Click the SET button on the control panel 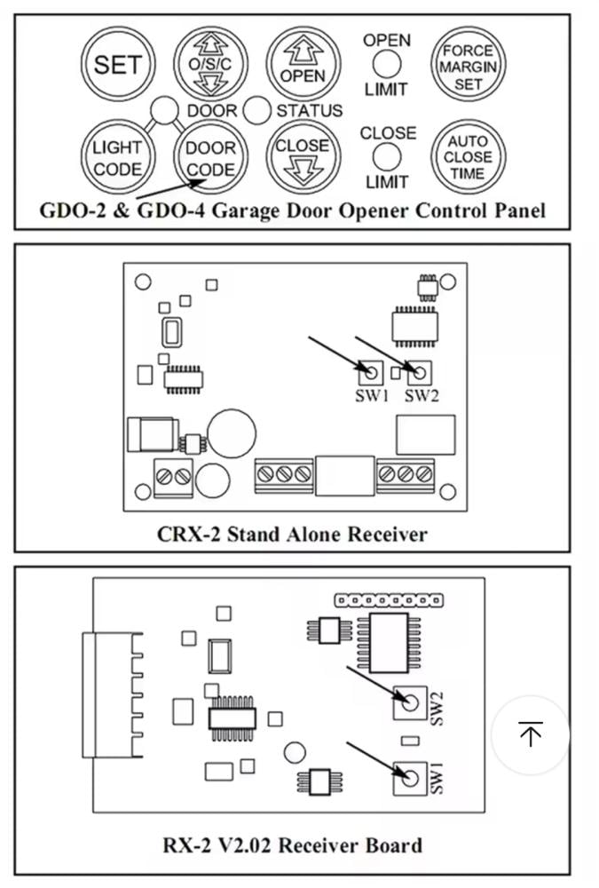(x=118, y=64)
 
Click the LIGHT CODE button (x=117, y=158)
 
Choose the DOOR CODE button (x=211, y=158)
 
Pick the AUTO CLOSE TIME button (x=468, y=157)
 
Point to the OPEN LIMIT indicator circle (x=386, y=64)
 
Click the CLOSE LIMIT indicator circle (x=387, y=157)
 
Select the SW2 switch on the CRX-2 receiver (x=420, y=370)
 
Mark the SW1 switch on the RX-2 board (x=409, y=778)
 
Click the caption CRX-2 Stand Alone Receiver (x=292, y=534)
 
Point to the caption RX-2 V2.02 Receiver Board (x=292, y=844)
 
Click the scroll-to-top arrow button (x=531, y=734)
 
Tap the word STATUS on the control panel (x=309, y=111)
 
